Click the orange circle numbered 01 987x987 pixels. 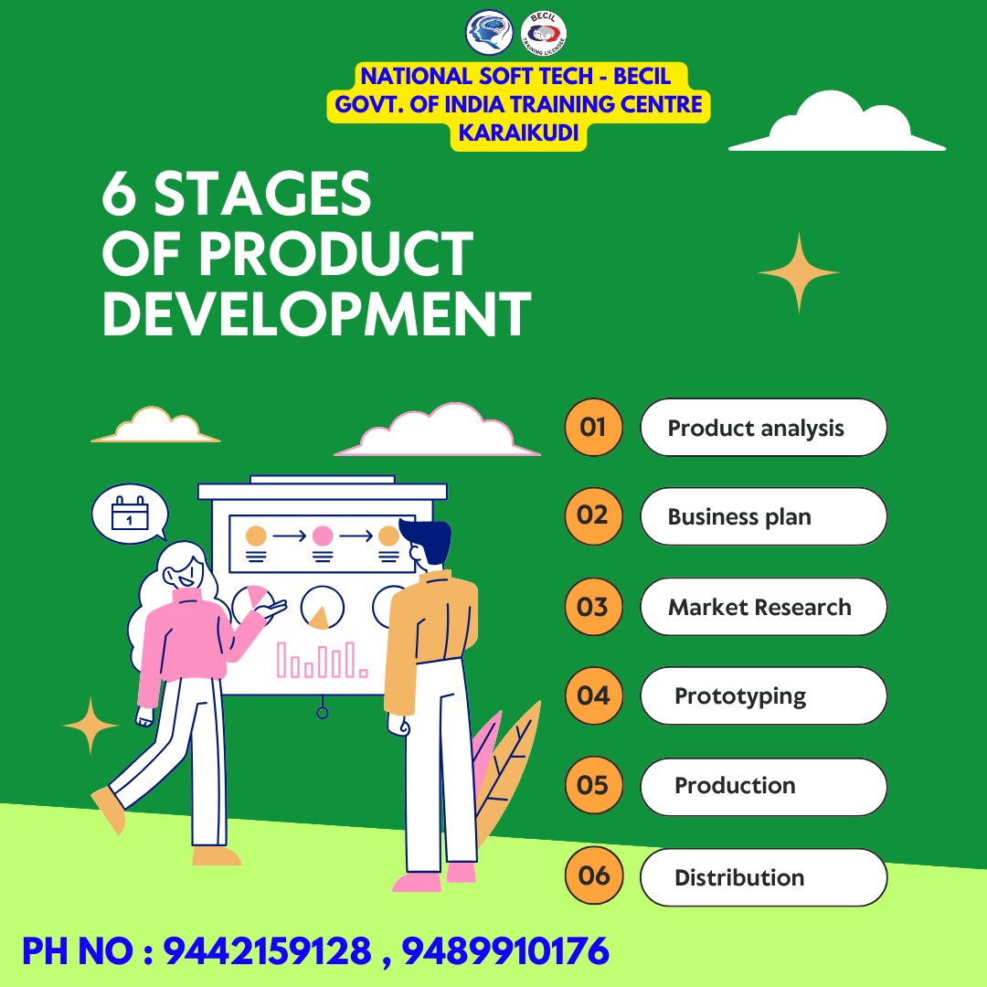pos(593,427)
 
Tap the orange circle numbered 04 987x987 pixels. pos(593,695)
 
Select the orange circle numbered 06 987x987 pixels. pos(593,876)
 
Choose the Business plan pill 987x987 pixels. pos(763,516)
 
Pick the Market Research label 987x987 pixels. pos(763,607)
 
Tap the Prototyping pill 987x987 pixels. pos(763,695)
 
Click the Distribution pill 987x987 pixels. pos(763,877)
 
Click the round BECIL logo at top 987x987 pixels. pos(543,33)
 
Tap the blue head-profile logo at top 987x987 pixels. pos(490,32)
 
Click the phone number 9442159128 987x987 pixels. pos(268,951)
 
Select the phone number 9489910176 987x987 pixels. pos(505,951)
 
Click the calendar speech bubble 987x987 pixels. pos(130,513)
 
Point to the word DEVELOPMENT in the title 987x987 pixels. pos(316,313)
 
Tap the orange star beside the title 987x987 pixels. pos(798,272)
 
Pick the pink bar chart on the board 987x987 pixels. pos(322,659)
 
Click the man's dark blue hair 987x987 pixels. pos(428,539)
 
